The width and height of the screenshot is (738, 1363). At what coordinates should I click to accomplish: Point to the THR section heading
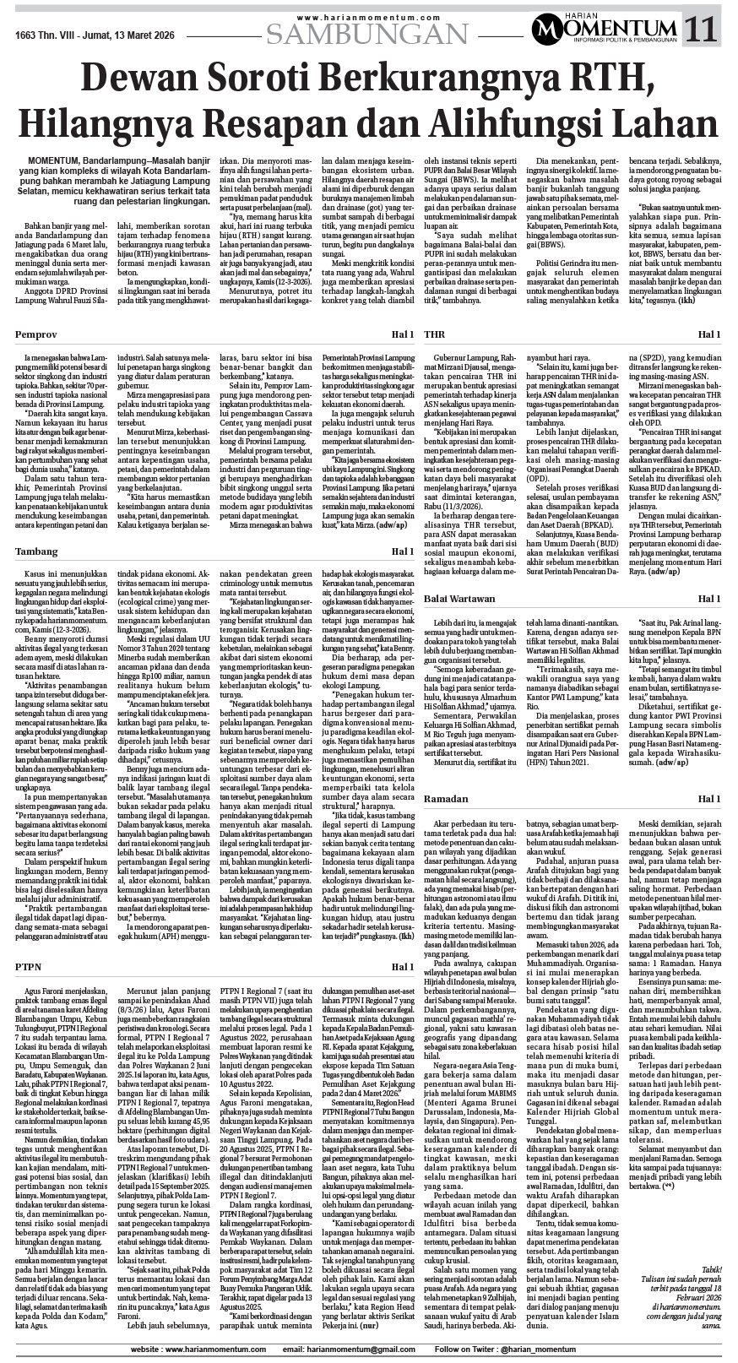(x=434, y=334)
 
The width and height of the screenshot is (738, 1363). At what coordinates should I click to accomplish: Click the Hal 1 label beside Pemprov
(x=401, y=335)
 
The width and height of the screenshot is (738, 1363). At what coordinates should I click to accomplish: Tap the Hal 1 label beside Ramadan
(x=708, y=799)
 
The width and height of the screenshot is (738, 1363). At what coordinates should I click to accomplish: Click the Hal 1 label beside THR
(x=708, y=335)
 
